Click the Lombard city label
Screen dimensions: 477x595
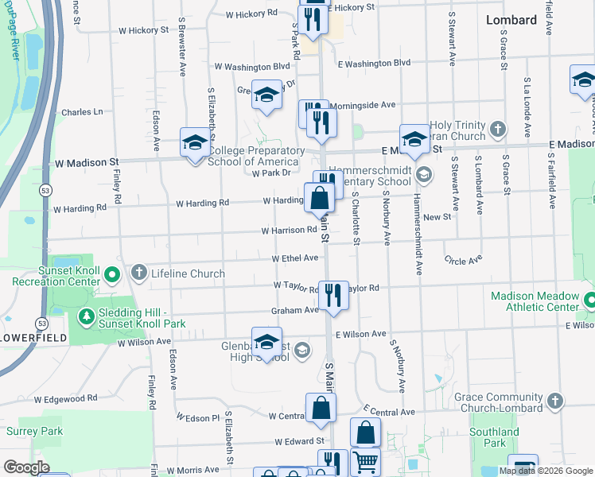pos(511,20)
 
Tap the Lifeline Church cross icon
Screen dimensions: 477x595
pos(139,273)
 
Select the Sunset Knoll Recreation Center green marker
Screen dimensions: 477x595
pos(111,276)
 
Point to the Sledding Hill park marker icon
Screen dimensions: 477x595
pos(86,317)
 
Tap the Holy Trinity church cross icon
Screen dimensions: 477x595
pos(497,128)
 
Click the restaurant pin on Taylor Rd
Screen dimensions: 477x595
pos(333,294)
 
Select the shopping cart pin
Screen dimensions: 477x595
pos(365,461)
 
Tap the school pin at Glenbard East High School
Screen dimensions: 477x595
pos(267,341)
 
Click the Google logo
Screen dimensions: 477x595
pos(26,467)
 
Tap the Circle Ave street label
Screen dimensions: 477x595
pos(464,260)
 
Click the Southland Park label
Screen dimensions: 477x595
pos(494,438)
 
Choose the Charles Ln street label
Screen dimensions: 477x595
pos(82,112)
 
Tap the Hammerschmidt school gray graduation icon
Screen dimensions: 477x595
pos(424,173)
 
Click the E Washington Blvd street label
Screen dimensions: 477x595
pos(374,63)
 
